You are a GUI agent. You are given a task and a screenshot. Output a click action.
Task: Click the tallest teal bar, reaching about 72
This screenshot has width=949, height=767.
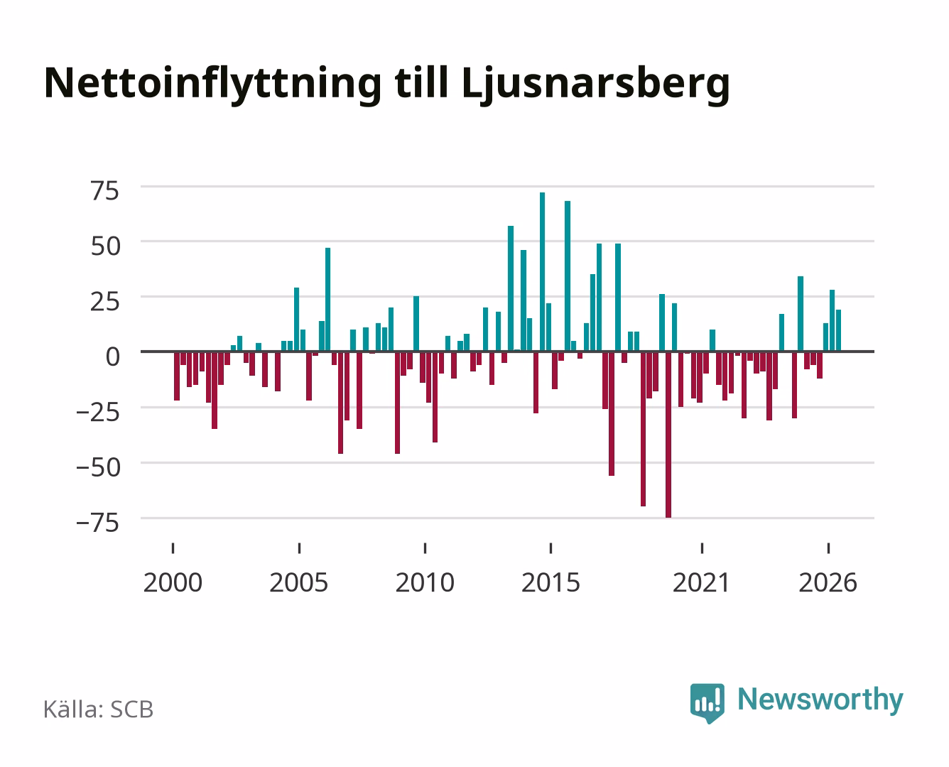click(542, 272)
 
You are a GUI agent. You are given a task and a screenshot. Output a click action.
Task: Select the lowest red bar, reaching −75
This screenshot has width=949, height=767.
click(668, 435)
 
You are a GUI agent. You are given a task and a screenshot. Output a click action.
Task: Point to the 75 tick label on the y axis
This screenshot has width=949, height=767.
click(105, 191)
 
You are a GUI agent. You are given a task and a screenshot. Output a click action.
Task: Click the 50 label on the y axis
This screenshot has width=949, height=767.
click(105, 246)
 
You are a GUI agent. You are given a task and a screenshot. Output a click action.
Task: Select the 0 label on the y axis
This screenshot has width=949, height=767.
click(113, 357)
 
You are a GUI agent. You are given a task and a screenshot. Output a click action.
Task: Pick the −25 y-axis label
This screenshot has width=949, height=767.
click(98, 412)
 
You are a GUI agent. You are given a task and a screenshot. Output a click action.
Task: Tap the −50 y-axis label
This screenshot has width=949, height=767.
click(98, 467)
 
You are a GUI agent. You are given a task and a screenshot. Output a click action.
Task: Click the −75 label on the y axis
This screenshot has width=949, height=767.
click(98, 523)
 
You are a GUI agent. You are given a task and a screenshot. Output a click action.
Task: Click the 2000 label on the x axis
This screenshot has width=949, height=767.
click(173, 582)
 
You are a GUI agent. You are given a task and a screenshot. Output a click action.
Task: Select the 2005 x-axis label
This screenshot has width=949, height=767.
click(299, 582)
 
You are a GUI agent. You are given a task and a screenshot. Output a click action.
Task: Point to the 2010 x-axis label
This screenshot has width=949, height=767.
click(425, 582)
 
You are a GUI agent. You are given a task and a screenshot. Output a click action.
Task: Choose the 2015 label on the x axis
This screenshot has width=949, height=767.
click(551, 582)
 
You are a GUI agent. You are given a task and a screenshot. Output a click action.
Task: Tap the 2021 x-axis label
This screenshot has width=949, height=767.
click(702, 582)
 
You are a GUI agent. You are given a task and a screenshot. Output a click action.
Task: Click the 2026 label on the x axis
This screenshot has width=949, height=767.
click(828, 582)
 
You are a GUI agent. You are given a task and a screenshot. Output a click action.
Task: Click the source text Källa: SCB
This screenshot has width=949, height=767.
click(99, 709)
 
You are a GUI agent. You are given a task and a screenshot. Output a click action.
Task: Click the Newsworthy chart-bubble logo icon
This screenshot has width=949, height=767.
click(707, 703)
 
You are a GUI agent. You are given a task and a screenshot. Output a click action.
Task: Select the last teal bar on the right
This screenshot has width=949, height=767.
click(838, 330)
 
